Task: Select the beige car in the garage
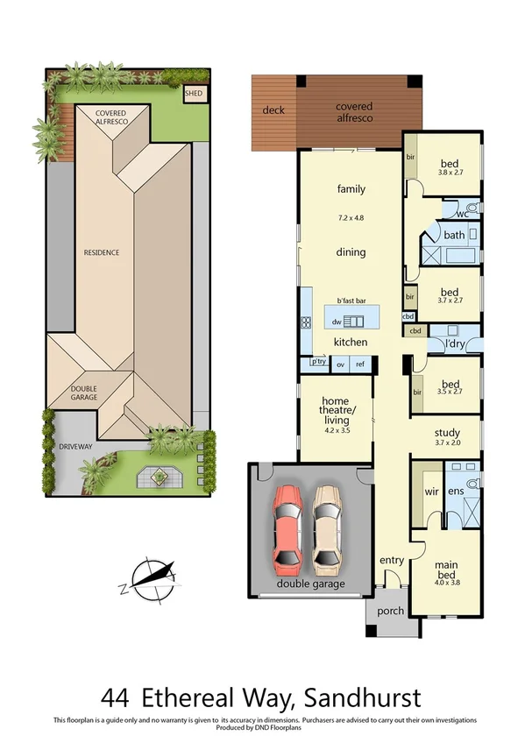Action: tap(326, 526)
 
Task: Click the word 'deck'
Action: tap(274, 110)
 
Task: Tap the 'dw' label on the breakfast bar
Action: tap(337, 322)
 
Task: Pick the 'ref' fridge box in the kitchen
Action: tap(359, 364)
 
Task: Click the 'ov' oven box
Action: tap(340, 364)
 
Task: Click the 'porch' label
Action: tap(389, 612)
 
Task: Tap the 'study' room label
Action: tap(447, 432)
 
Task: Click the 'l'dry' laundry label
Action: tap(454, 343)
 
